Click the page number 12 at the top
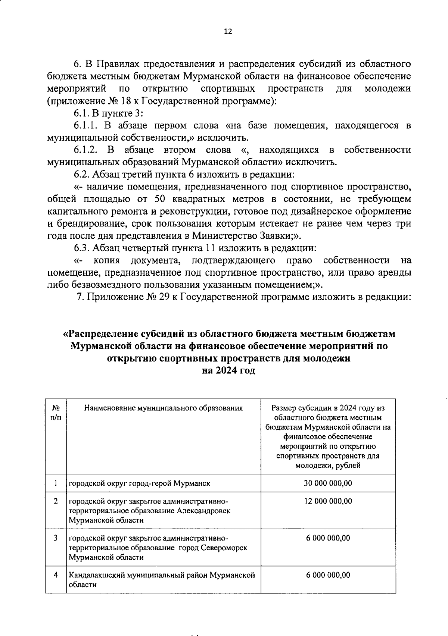click(228, 32)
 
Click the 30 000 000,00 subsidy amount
click(328, 483)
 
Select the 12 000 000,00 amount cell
click(328, 501)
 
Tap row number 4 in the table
click(56, 575)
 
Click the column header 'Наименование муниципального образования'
click(163, 408)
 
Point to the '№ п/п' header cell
click(56, 413)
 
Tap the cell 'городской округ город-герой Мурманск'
click(139, 483)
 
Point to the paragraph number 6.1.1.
click(86, 126)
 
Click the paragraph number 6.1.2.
click(86, 150)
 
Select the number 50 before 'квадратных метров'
click(161, 199)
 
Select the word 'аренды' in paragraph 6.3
click(397, 272)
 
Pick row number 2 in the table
click(56, 501)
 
